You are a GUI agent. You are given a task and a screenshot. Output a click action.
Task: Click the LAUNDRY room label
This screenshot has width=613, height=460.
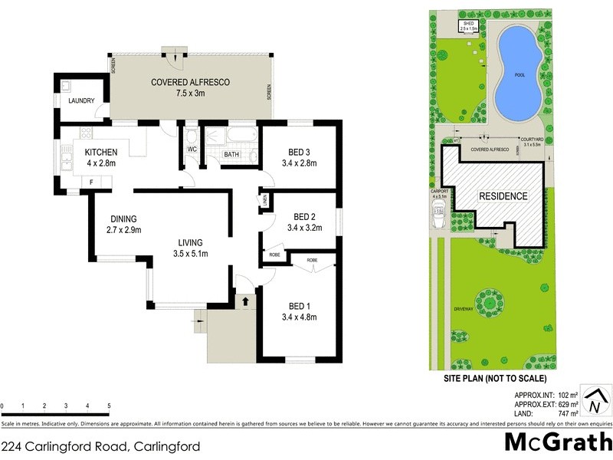(x=80, y=100)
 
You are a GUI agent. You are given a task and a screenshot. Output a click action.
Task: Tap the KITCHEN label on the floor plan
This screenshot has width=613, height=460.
(x=100, y=151)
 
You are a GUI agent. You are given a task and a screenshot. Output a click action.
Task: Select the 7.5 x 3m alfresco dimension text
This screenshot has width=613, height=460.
(x=190, y=93)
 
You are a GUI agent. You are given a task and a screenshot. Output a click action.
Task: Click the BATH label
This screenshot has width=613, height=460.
(x=231, y=155)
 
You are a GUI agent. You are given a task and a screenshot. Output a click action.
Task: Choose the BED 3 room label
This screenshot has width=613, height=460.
(x=300, y=152)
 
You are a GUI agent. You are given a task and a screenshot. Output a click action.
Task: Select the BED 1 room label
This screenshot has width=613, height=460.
(x=300, y=296)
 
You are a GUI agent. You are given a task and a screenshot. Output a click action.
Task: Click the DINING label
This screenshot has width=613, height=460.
(x=124, y=218)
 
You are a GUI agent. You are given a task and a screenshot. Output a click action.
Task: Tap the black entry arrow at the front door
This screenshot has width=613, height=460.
(x=244, y=301)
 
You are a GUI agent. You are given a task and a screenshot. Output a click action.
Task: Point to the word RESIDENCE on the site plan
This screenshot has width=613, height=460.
(x=503, y=196)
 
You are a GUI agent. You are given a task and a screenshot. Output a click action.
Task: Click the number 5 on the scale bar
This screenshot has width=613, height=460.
(x=109, y=406)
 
